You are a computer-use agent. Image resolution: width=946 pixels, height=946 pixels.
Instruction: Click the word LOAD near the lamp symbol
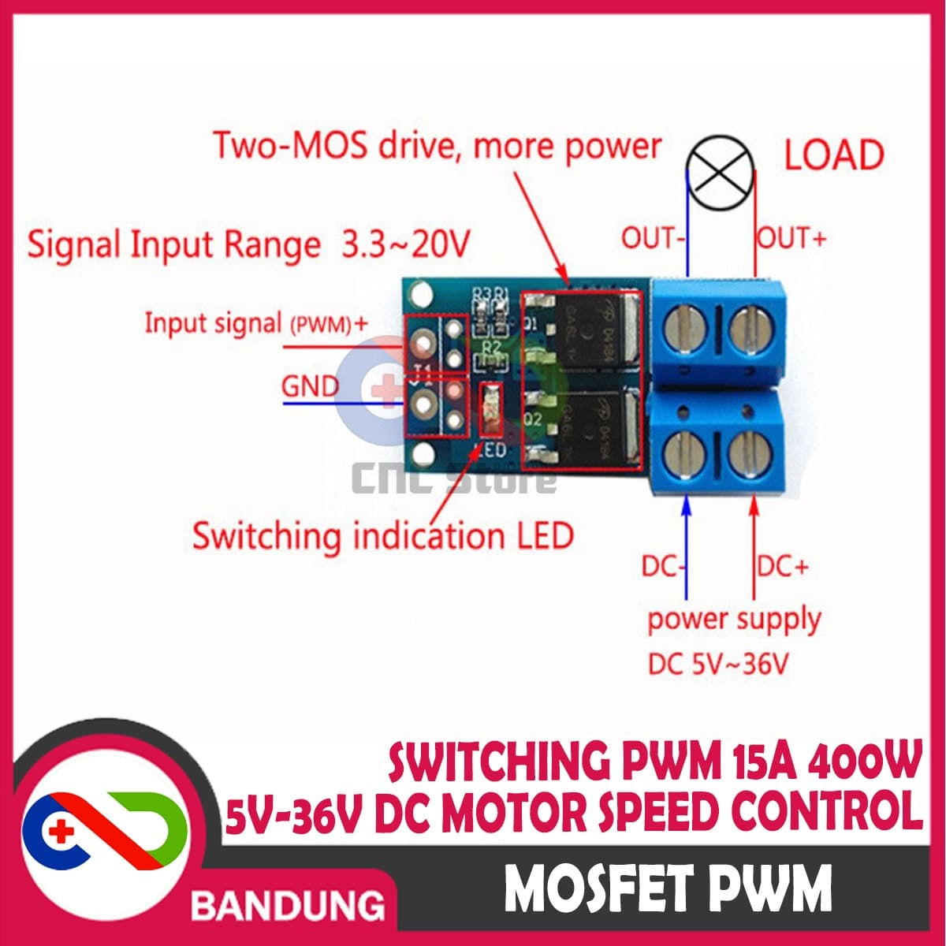(x=833, y=155)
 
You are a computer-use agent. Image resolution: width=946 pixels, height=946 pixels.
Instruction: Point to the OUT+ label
(x=791, y=237)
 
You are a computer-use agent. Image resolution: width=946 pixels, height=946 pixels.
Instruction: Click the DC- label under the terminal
(x=660, y=566)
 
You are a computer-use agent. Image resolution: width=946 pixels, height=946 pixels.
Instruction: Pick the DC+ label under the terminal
(x=783, y=566)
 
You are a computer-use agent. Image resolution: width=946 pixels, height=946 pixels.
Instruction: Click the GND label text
(x=310, y=386)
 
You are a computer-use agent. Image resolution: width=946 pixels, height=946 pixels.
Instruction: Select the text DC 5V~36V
(x=717, y=665)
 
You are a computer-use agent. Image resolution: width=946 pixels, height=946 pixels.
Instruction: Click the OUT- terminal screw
(x=683, y=331)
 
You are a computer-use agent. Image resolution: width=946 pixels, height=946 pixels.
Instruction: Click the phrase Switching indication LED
(x=382, y=537)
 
